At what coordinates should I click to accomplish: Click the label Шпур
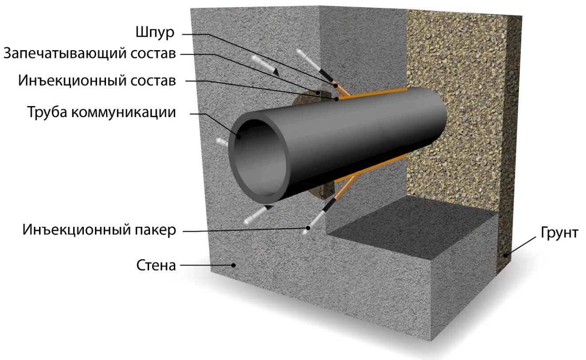155,32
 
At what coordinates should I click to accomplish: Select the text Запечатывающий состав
90,53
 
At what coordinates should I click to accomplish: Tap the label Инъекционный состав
97,81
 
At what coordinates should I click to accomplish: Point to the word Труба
47,112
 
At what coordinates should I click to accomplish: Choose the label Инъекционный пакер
100,230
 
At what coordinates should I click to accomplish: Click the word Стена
156,265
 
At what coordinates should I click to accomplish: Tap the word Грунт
559,233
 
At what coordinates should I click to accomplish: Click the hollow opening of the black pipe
260,160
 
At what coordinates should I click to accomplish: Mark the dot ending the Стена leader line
233,265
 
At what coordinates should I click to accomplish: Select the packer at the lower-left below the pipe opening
256,215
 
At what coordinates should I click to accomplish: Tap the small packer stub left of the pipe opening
221,142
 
